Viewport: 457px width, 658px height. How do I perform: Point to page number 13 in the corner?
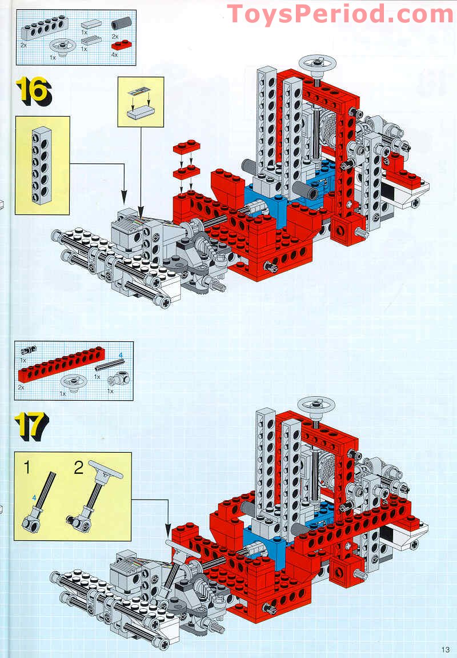click(x=446, y=649)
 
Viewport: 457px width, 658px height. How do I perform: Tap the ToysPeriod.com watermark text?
click(x=340, y=14)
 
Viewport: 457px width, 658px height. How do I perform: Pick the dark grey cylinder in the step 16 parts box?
click(x=121, y=24)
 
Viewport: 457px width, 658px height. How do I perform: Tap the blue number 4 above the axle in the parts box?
click(x=121, y=356)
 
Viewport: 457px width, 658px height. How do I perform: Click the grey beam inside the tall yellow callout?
click(x=42, y=166)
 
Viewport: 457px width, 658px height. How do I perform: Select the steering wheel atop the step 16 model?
click(x=320, y=63)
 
